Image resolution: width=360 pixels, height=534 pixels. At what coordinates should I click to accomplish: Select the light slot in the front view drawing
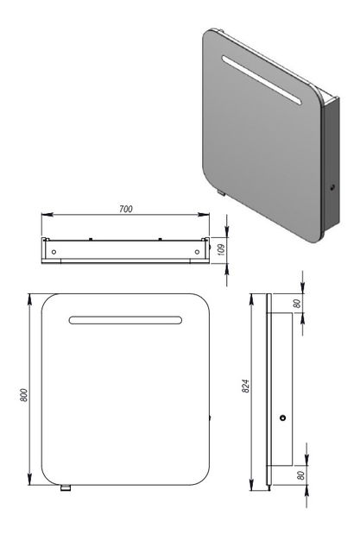(x=126, y=319)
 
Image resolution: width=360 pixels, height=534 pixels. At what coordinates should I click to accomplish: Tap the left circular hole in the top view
(x=55, y=251)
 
